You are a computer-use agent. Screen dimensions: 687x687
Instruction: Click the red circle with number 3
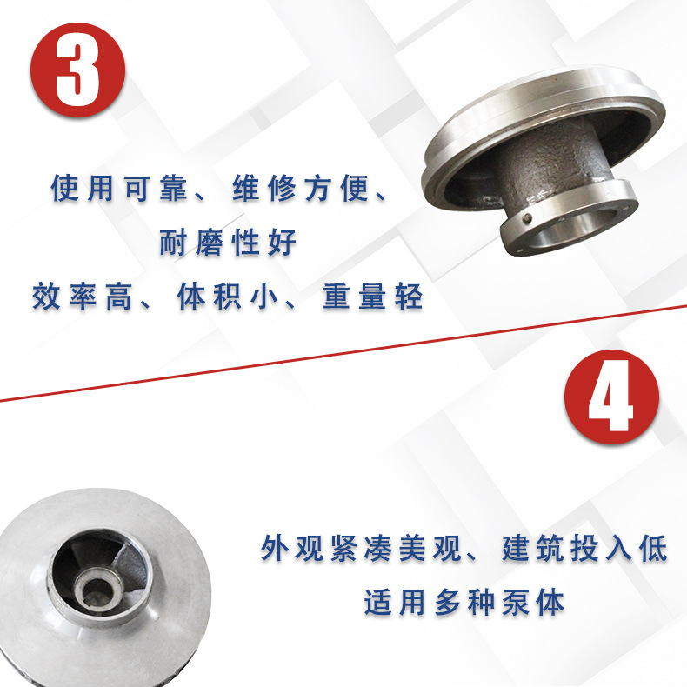(78, 70)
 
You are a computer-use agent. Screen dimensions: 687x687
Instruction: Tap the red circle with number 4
(611, 397)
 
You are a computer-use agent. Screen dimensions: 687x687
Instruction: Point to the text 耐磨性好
(228, 243)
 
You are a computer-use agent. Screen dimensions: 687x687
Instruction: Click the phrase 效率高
(83, 297)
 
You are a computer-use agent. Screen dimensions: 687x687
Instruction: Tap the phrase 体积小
(228, 297)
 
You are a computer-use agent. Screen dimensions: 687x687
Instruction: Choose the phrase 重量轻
(373, 297)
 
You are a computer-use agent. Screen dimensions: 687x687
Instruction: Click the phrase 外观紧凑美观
(362, 548)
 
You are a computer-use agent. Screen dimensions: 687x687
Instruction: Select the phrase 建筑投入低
(585, 548)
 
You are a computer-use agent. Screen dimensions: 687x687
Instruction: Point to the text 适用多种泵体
(464, 603)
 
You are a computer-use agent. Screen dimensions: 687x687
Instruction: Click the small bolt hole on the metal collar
(528, 217)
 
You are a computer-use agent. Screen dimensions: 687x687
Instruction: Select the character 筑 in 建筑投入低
(550, 548)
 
